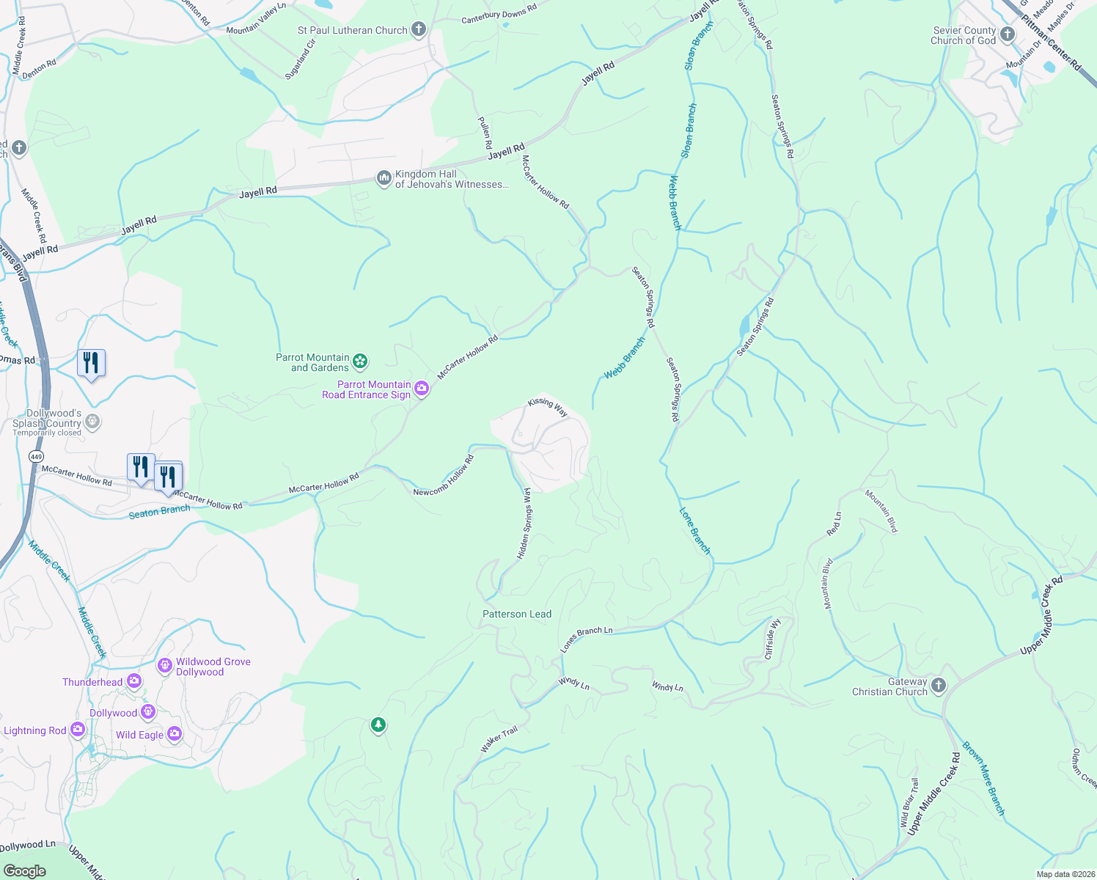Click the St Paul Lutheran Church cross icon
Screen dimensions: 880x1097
pyautogui.click(x=419, y=29)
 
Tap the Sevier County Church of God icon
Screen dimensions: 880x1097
pyautogui.click(x=1008, y=34)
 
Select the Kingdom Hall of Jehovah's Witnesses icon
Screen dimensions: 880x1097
pyautogui.click(x=384, y=179)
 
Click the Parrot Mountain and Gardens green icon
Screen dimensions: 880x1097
pyautogui.click(x=360, y=361)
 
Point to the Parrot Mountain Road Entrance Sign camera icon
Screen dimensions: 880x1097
pyautogui.click(x=422, y=389)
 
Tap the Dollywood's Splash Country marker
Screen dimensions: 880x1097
pyautogui.click(x=92, y=421)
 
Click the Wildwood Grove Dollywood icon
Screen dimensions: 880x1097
pyautogui.click(x=165, y=666)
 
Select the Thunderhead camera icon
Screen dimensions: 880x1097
pyautogui.click(x=134, y=681)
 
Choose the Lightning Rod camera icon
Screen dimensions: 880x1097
pyautogui.click(x=77, y=730)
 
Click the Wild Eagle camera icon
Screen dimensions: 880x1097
pyautogui.click(x=174, y=733)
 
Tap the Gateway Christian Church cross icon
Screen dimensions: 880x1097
pyautogui.click(x=939, y=685)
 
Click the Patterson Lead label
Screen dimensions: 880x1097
pyautogui.click(x=517, y=614)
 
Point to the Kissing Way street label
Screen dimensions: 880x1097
pyautogui.click(x=548, y=407)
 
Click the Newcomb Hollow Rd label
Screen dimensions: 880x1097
pyautogui.click(x=444, y=476)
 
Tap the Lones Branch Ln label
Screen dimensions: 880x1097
pyautogui.click(x=586, y=639)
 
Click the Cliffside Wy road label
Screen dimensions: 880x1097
pyautogui.click(x=773, y=639)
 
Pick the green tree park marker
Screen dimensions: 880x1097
pyautogui.click(x=378, y=725)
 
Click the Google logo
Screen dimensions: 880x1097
pyautogui.click(x=24, y=870)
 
